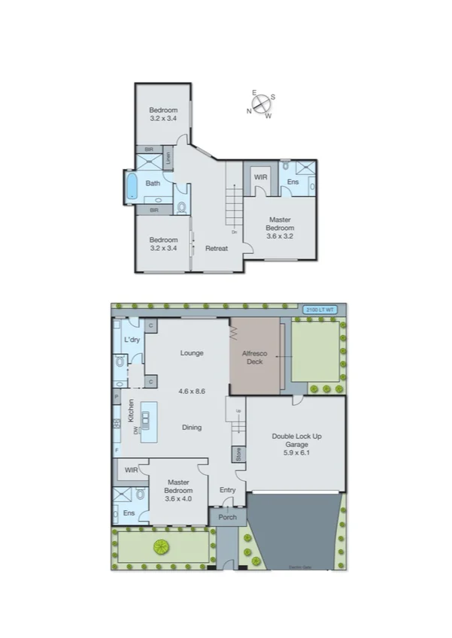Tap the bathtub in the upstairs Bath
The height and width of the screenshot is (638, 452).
point(132,186)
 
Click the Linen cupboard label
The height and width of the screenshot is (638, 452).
point(169,158)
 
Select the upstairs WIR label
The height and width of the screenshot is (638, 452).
point(261,177)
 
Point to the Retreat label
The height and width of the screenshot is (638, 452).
point(217,248)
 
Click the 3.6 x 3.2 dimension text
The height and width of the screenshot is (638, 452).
point(281,235)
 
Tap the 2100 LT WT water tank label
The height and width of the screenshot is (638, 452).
point(320,309)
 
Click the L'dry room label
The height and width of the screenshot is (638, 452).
point(132,340)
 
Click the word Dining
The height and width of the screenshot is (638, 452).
point(193,427)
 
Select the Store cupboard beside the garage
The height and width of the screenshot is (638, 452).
point(238,454)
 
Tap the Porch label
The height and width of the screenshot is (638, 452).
point(227,517)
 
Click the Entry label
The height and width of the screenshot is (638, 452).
point(227,490)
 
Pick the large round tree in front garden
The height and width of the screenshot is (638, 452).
point(160,547)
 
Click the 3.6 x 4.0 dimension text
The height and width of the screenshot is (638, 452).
point(179,500)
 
